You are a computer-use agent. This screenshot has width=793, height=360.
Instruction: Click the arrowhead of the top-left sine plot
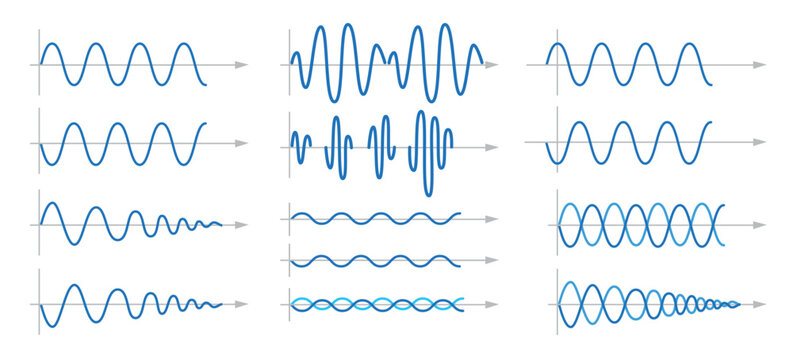point(242,65)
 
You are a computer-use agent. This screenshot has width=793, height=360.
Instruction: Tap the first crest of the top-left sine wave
point(54,44)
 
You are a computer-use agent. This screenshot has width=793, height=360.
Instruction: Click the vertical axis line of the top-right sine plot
point(547,62)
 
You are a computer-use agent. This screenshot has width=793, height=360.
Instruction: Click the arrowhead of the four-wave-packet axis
point(493,147)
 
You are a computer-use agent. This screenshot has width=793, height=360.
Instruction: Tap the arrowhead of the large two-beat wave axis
point(493,65)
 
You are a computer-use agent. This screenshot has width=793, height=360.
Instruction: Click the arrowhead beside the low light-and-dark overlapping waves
point(492,302)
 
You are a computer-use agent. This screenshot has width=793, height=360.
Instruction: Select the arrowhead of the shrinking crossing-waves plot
point(762,302)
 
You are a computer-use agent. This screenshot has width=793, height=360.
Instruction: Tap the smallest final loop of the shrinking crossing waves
point(736,302)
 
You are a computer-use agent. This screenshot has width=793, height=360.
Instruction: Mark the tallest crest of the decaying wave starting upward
point(52,205)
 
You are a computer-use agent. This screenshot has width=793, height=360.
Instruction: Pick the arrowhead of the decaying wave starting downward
point(242,303)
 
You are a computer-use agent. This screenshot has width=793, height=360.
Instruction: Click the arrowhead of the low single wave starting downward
point(492,261)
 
